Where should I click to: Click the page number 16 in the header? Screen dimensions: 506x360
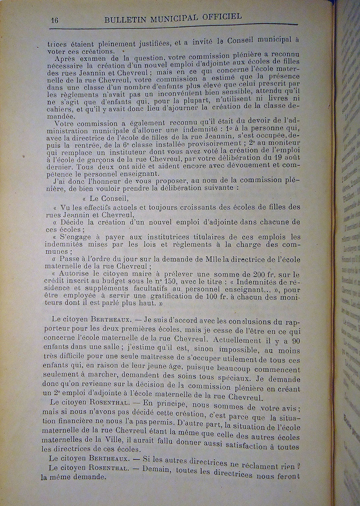point(54,21)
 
